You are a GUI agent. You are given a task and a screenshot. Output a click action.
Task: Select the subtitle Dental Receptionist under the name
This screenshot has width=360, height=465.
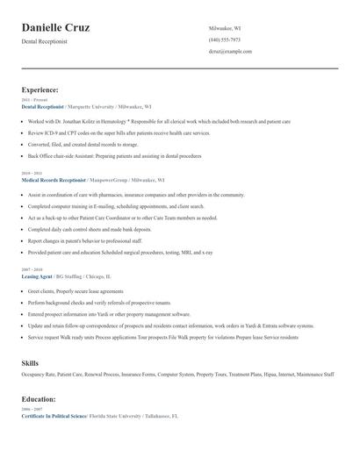[x=45, y=41]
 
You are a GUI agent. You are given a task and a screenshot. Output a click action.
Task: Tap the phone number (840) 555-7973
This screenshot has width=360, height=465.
[x=224, y=39]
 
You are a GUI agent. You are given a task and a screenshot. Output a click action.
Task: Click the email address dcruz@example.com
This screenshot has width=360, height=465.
[x=230, y=52]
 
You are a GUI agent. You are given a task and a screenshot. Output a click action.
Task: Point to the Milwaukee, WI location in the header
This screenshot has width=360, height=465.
[x=227, y=28]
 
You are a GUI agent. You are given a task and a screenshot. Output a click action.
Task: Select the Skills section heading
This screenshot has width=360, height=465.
[x=30, y=362]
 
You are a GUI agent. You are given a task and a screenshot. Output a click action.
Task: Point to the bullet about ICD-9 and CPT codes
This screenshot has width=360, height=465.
[x=119, y=132]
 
